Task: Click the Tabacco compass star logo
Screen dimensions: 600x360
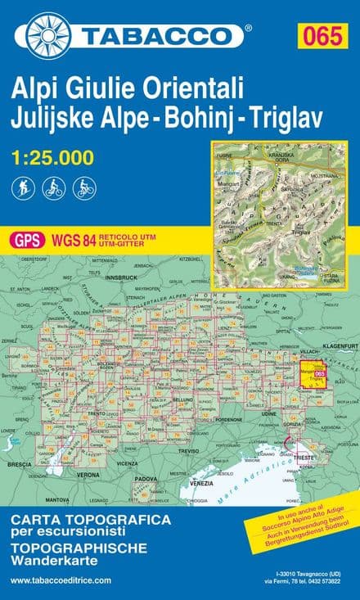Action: coord(47,35)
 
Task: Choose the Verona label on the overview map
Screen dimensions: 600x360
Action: coord(88,474)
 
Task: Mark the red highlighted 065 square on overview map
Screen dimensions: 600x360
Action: coord(309,372)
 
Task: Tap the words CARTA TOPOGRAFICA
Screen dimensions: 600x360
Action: coord(91,520)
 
